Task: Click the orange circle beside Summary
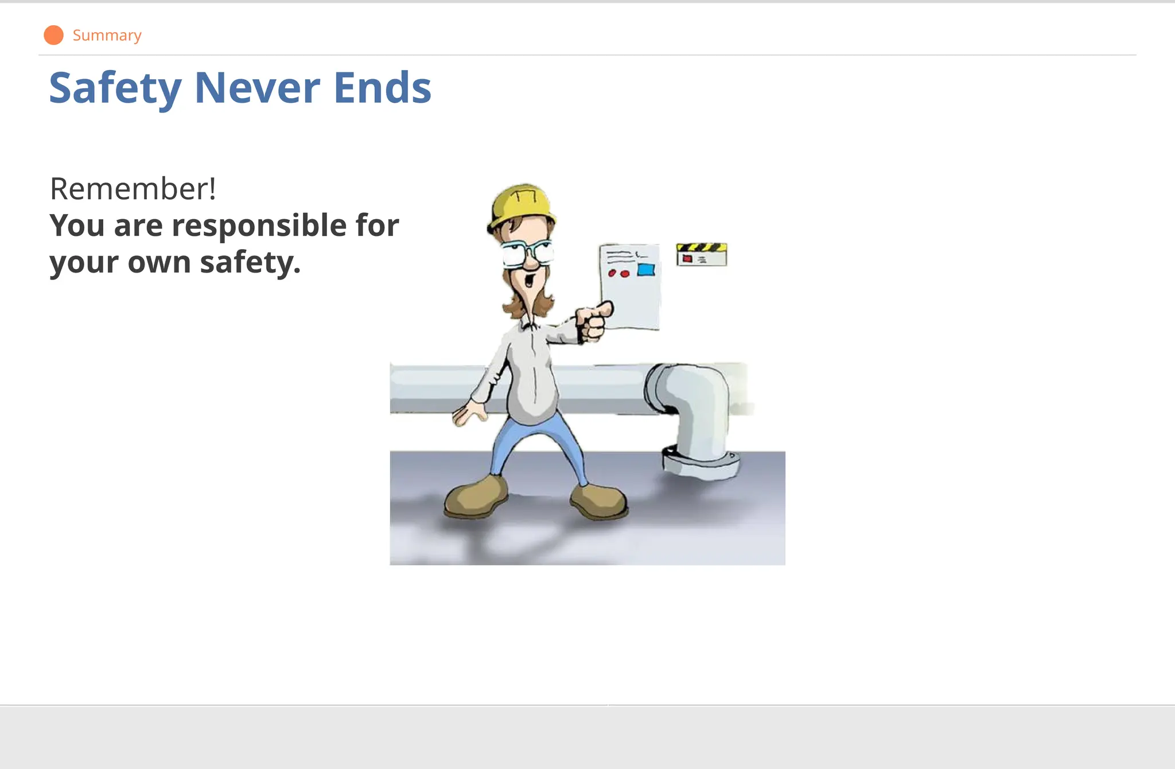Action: (53, 35)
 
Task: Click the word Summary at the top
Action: (107, 36)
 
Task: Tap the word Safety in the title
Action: (115, 88)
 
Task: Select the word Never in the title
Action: (257, 88)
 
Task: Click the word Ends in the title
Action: (382, 88)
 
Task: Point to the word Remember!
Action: (133, 189)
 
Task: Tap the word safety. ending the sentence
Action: (250, 262)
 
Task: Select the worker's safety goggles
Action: (527, 253)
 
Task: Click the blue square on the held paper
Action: (646, 269)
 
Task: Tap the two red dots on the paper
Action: (618, 274)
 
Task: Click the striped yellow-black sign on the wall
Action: (701, 254)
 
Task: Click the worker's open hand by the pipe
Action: (469, 413)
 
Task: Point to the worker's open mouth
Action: (529, 281)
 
